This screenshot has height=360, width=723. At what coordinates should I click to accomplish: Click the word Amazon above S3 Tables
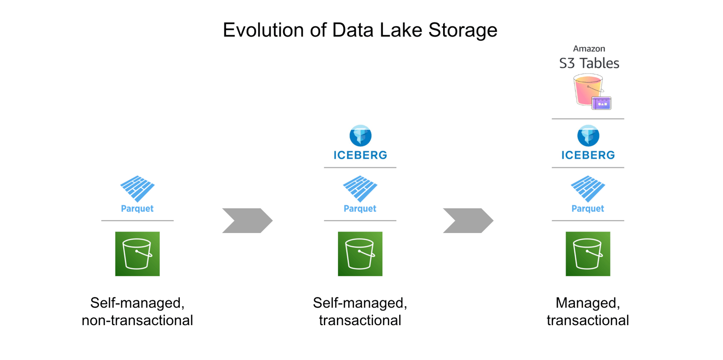click(x=588, y=49)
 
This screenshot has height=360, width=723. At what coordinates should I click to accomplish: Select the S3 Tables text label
click(x=588, y=63)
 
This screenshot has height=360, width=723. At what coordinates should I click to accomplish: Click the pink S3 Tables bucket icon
click(x=587, y=90)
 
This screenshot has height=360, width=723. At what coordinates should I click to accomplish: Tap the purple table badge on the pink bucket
click(x=601, y=102)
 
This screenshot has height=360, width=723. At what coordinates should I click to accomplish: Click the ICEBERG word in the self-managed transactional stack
click(x=360, y=155)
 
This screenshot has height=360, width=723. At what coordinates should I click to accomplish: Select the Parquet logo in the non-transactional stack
click(x=137, y=189)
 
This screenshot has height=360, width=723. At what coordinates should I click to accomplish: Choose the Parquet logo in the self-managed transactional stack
click(x=360, y=189)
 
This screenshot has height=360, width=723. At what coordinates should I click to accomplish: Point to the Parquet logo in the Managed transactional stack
click(x=588, y=189)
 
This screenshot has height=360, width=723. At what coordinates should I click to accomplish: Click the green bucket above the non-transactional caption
click(x=137, y=254)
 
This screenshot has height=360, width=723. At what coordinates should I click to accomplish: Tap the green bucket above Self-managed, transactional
click(x=360, y=254)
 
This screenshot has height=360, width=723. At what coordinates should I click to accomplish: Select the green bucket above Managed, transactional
click(x=588, y=254)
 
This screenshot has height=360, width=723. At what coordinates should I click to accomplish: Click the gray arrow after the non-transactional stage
click(x=247, y=220)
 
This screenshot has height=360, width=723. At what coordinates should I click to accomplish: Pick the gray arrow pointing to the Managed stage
click(x=468, y=220)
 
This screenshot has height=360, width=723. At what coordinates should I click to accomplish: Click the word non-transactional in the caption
click(x=137, y=321)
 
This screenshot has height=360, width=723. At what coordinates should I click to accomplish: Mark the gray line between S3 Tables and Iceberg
click(x=588, y=119)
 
